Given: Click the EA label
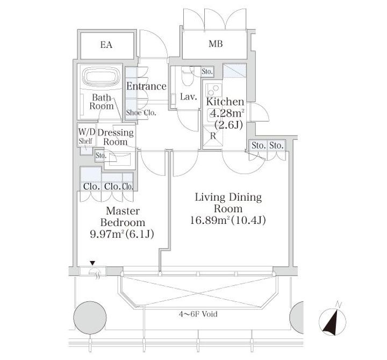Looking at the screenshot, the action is tap(106, 45).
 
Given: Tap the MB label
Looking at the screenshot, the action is tap(216, 44).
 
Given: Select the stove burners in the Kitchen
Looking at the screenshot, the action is tap(213, 90).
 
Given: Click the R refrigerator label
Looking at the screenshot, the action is tap(213, 136).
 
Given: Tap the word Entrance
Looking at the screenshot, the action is tap(146, 86).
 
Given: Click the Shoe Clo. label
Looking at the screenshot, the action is tap(141, 112).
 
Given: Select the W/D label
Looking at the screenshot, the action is tap(87, 132).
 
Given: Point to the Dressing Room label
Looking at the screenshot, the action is tap(116, 137).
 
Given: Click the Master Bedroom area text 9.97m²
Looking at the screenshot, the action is tap(107, 234).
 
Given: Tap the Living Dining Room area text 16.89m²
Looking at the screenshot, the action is tap(210, 220).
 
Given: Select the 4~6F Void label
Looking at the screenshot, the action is tap(198, 314).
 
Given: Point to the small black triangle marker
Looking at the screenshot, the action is tap(92, 263).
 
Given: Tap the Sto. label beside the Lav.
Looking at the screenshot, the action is tap(207, 72).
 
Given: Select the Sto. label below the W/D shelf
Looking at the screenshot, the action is tap(101, 156).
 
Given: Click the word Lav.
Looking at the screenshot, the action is tap(189, 97).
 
